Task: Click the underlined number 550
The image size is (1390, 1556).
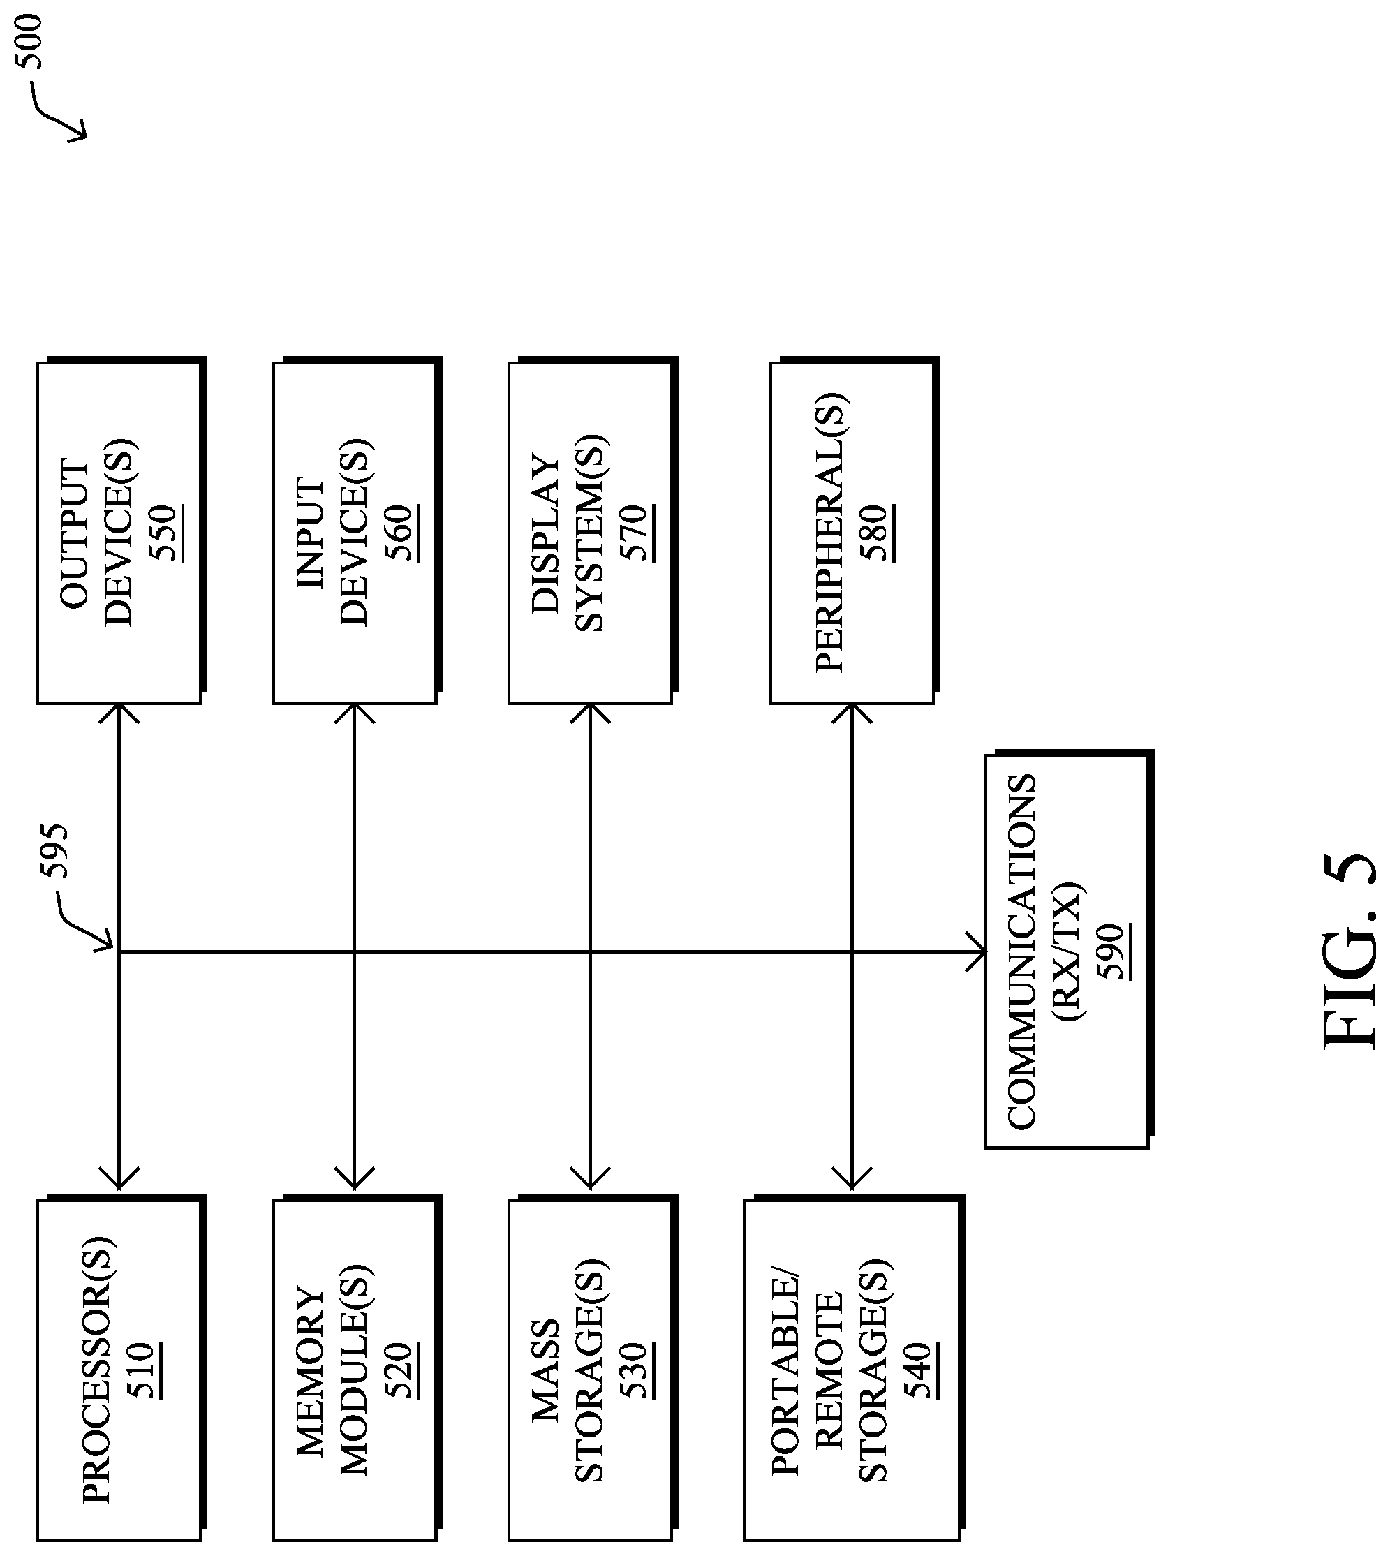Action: [166, 533]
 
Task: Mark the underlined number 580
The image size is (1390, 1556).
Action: [878, 533]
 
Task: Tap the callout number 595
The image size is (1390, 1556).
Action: [56, 851]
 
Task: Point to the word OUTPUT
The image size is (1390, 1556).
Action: [76, 533]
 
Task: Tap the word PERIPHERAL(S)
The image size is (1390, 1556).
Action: [830, 533]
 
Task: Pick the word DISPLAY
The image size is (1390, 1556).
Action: [547, 533]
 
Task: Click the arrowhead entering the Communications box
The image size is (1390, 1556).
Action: [976, 951]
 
